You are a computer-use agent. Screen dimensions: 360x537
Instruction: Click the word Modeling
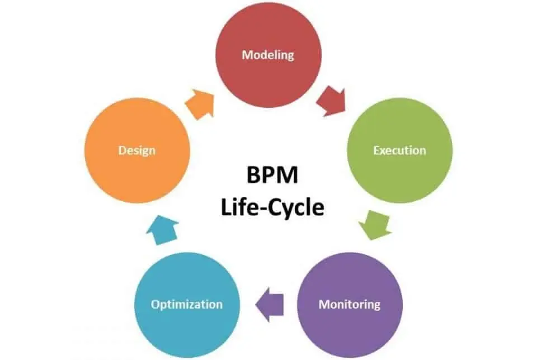click(267, 55)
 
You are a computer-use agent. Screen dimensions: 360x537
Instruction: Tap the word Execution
click(399, 150)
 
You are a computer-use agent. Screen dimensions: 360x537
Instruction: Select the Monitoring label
click(349, 305)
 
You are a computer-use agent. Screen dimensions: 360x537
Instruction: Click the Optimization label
click(187, 305)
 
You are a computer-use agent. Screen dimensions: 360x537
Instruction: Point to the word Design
click(136, 150)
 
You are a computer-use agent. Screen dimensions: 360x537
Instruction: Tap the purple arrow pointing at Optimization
click(269, 305)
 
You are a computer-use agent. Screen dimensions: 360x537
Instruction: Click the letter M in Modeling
click(246, 55)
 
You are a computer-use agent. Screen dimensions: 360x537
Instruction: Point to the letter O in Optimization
click(156, 305)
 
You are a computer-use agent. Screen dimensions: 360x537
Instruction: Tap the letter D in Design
click(121, 150)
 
